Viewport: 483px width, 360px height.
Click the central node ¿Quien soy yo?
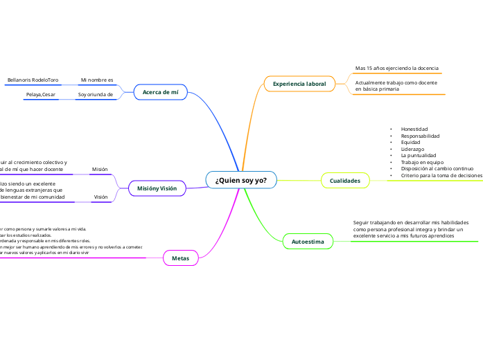click(241, 180)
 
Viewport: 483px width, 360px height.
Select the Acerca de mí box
click(160, 91)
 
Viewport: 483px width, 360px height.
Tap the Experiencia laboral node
click(299, 84)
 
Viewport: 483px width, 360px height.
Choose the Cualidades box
click(345, 181)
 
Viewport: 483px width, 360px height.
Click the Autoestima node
click(308, 242)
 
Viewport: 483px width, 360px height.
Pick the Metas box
click(180, 258)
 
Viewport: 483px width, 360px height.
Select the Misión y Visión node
click(157, 188)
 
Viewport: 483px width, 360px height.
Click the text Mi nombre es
click(96, 80)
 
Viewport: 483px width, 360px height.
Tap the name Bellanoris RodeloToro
click(33, 80)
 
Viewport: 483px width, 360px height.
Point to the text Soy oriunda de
click(95, 94)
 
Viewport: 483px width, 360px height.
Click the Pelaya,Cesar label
click(41, 94)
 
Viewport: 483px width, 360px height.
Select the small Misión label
click(100, 169)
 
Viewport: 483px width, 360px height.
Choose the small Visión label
click(100, 197)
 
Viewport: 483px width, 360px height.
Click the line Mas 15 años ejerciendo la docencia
click(396, 69)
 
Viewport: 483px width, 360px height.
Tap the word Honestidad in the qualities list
click(414, 129)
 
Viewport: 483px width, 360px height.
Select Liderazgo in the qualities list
click(413, 150)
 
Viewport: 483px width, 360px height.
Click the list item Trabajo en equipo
click(422, 163)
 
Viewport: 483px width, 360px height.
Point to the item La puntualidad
click(419, 156)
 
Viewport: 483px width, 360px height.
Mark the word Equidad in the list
click(410, 143)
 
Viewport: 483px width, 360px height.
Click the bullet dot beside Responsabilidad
click(391, 136)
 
